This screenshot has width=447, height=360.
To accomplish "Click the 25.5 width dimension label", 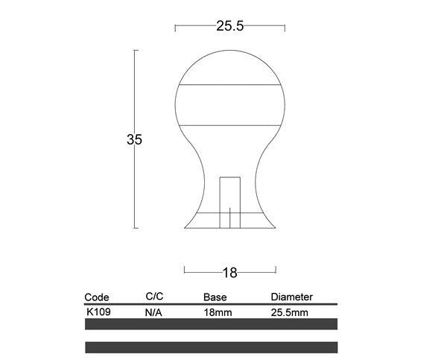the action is tap(229, 26).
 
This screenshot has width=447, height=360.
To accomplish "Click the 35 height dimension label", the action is tap(134, 139).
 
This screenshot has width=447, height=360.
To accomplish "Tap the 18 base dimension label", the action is tap(229, 273).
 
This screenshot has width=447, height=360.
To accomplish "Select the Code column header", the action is tap(97, 297).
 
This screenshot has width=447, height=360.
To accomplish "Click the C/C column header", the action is tap(154, 297).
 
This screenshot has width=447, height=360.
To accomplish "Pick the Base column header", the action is tap(215, 297).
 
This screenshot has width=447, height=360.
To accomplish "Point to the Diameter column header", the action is tap(291, 297).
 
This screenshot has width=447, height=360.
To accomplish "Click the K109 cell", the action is tap(98, 312).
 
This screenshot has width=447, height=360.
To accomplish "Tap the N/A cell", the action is tap(153, 312).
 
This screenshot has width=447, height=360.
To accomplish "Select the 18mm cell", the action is tap(218, 312).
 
